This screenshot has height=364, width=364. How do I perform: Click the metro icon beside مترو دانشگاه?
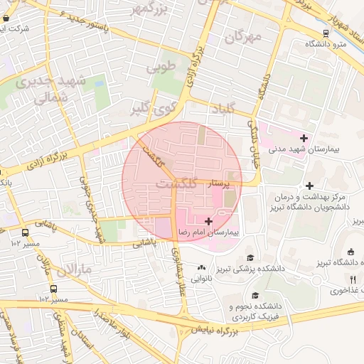coord(326,33)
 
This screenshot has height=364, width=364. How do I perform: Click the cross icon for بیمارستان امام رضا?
coord(208,222)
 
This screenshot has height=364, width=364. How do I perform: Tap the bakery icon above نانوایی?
coord(200,268)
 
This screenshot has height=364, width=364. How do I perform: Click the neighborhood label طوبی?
coord(160,68)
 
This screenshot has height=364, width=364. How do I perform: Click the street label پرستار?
coord(218,183)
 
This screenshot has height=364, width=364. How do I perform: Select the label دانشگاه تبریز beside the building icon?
coord(339,262)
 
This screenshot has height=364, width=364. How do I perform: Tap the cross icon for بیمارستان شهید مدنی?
coord(304,138)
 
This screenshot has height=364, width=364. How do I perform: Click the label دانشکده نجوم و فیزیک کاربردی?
coord(255,309)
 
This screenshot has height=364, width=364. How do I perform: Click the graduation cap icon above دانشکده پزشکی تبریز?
coord(250,257)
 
